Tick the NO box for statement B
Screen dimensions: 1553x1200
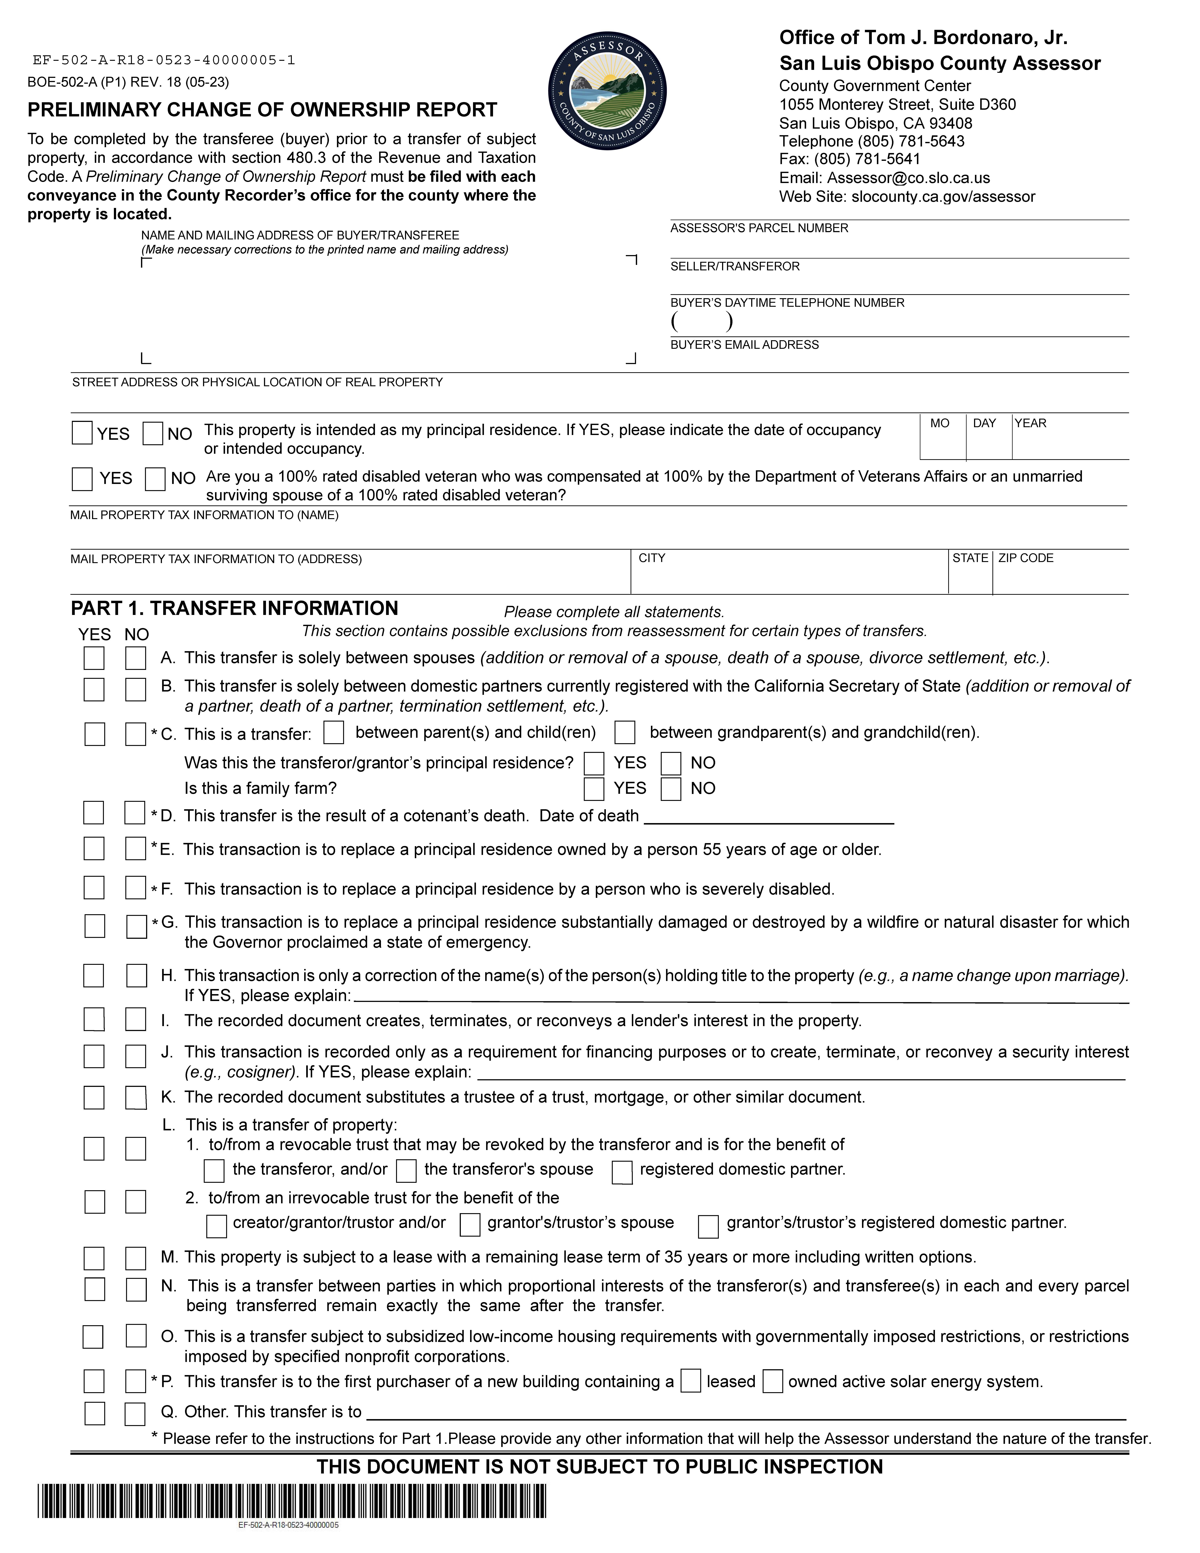click(136, 689)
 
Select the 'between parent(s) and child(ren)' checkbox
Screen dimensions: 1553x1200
click(333, 732)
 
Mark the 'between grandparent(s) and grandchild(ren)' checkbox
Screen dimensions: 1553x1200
click(625, 732)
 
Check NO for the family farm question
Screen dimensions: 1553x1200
click(670, 789)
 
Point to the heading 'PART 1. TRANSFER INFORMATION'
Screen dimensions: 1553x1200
click(235, 609)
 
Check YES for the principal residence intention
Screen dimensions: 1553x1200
click(82, 433)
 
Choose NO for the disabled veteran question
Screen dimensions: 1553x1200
click(155, 479)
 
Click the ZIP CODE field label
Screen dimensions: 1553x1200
click(1026, 558)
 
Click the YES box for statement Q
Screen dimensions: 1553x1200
click(95, 1413)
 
